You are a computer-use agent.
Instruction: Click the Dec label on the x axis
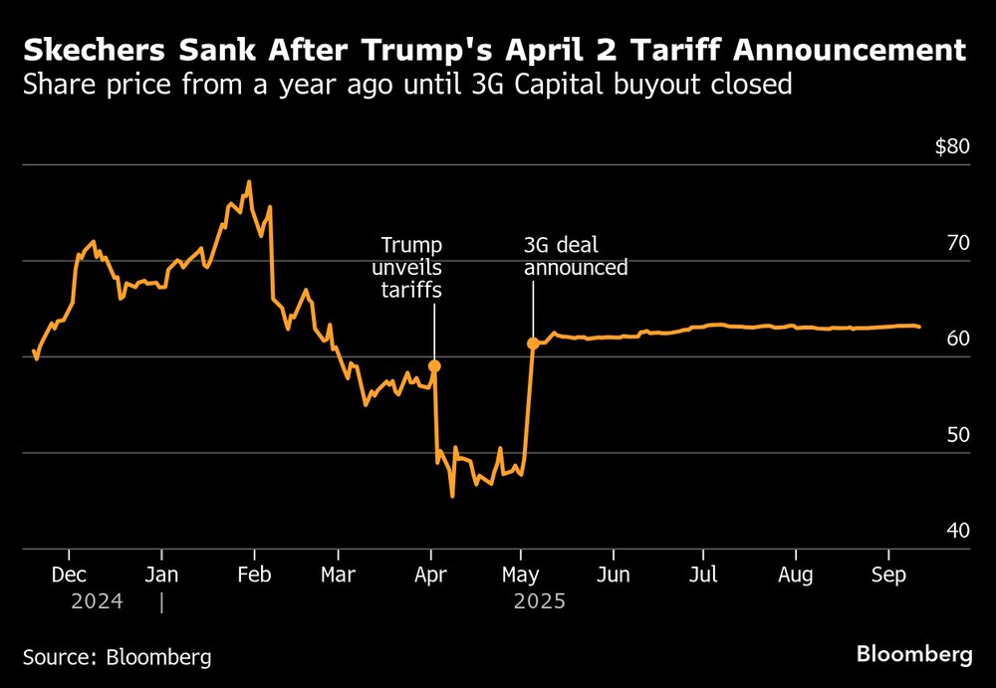69,575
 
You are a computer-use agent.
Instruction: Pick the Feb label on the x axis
254,575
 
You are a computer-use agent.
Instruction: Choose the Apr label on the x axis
430,575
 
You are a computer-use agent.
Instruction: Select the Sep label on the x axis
888,575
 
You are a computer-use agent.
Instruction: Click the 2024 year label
98,601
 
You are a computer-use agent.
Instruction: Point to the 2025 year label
539,601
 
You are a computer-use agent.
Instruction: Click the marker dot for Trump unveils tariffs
434,366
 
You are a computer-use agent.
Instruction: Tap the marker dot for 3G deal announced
533,344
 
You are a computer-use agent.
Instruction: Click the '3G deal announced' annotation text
576,257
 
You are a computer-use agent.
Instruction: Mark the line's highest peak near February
248,182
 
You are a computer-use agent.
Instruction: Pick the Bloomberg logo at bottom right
914,654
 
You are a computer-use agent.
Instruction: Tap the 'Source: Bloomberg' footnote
117,657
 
